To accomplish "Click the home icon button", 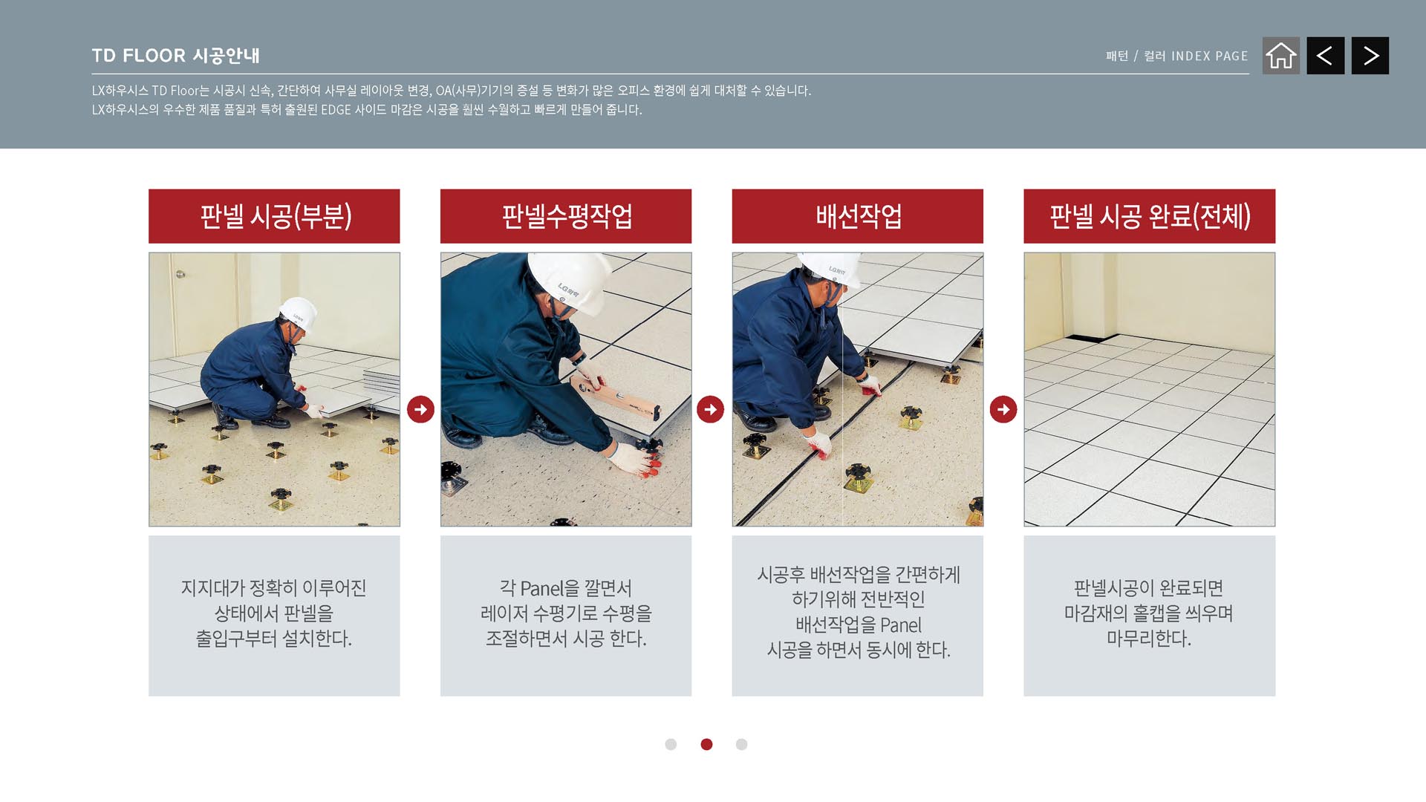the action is click(x=1281, y=56).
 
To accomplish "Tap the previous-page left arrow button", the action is click(x=1326, y=56).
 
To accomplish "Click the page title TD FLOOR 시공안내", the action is click(x=176, y=56).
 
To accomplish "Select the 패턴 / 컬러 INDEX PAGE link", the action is click(x=1176, y=56).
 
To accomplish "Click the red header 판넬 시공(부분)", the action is click(x=274, y=216).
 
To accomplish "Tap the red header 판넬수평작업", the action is click(x=566, y=216).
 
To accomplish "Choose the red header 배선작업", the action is click(x=858, y=216).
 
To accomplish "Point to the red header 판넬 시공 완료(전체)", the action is click(x=1150, y=216).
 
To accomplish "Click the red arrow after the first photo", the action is click(x=420, y=409).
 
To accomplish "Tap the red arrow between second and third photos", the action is click(x=711, y=409).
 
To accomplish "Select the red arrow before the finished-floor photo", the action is click(x=1003, y=409).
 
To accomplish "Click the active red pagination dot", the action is click(x=706, y=744).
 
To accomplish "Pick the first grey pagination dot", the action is click(x=671, y=744).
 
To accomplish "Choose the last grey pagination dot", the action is click(x=741, y=744).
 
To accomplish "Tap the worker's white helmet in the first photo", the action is click(x=299, y=313).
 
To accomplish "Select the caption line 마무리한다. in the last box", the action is click(x=1149, y=639).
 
